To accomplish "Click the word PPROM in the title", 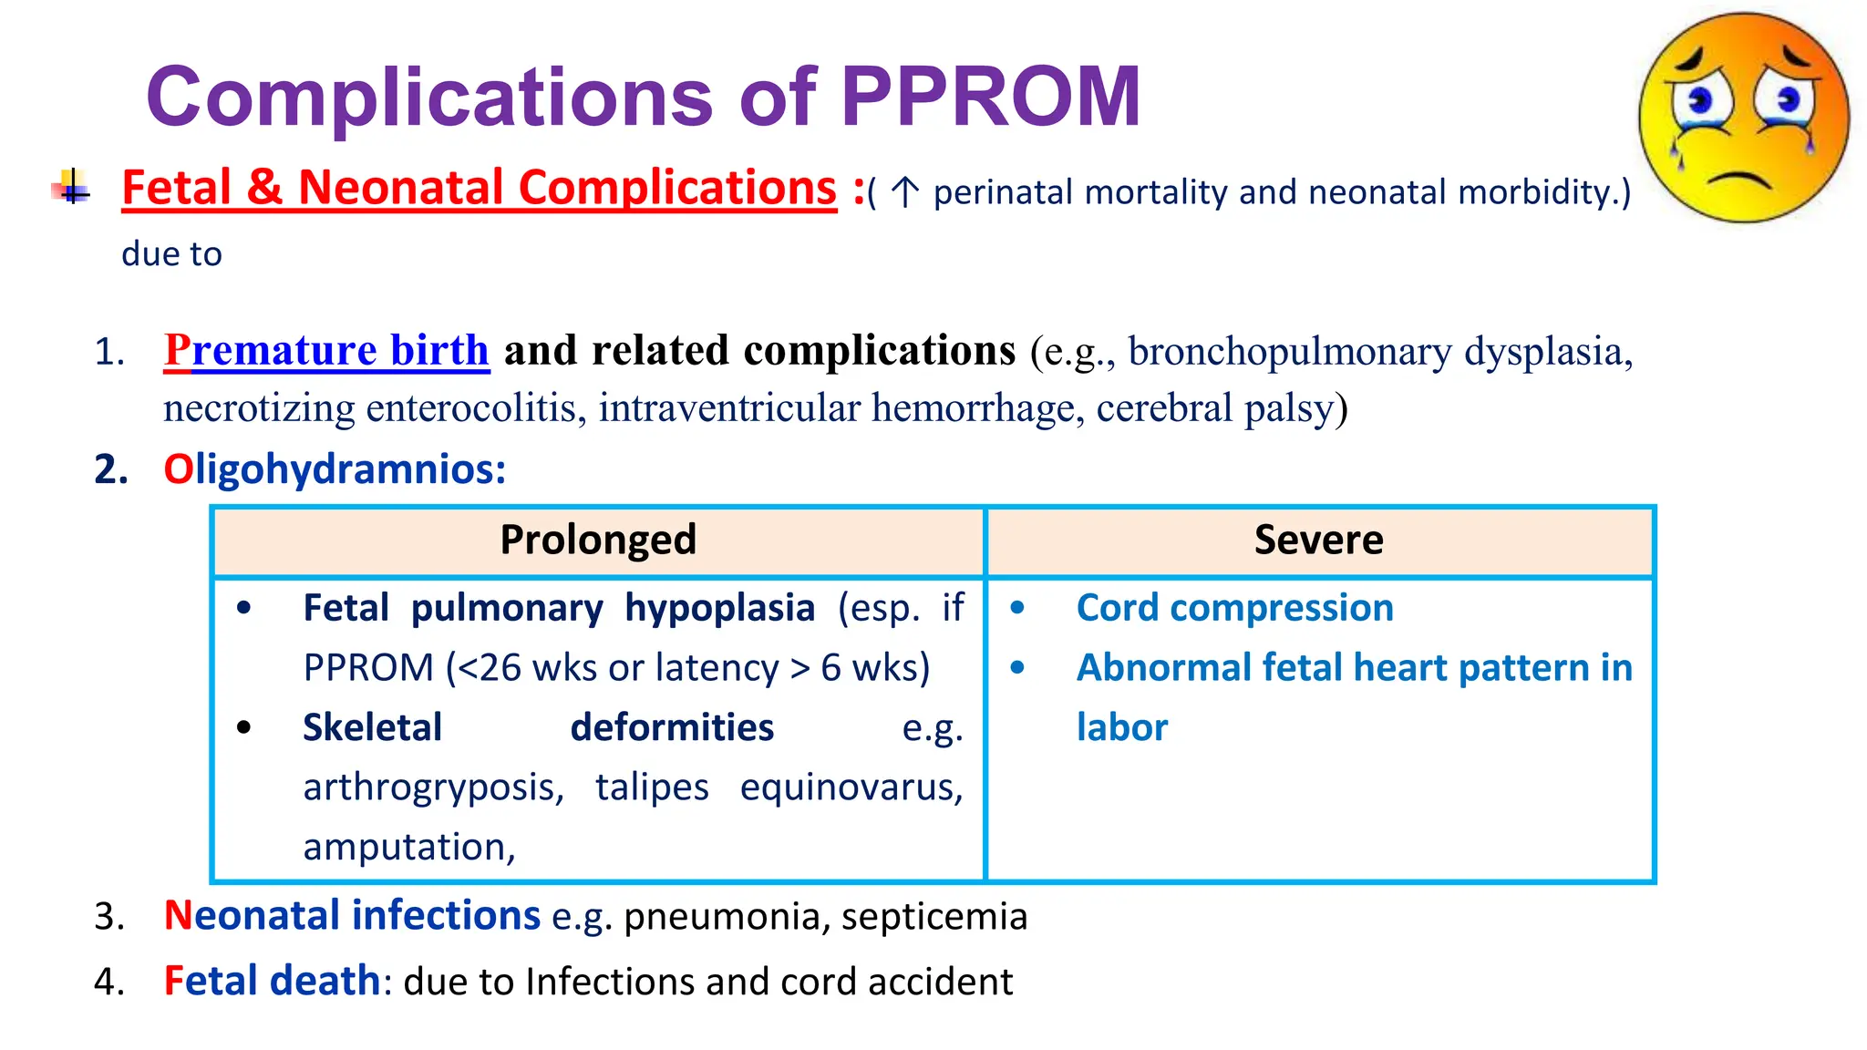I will point(990,97).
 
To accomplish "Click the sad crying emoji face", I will point(1743,118).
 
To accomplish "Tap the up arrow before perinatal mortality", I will point(904,192).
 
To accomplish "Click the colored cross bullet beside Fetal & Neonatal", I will point(71,188).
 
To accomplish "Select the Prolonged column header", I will point(598,540).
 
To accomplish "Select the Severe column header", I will point(1318,540).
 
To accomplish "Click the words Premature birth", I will point(326,351).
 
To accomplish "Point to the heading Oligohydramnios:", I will point(334,469).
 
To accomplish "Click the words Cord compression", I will point(1234,608).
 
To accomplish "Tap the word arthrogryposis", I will point(433,787).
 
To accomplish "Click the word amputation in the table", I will point(408,847).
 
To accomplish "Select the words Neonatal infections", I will point(352,915).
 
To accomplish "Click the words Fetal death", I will point(272,982).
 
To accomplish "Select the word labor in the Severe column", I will point(1121,727).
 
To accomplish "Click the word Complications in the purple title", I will point(428,97).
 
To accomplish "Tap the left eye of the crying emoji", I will point(1699,100).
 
